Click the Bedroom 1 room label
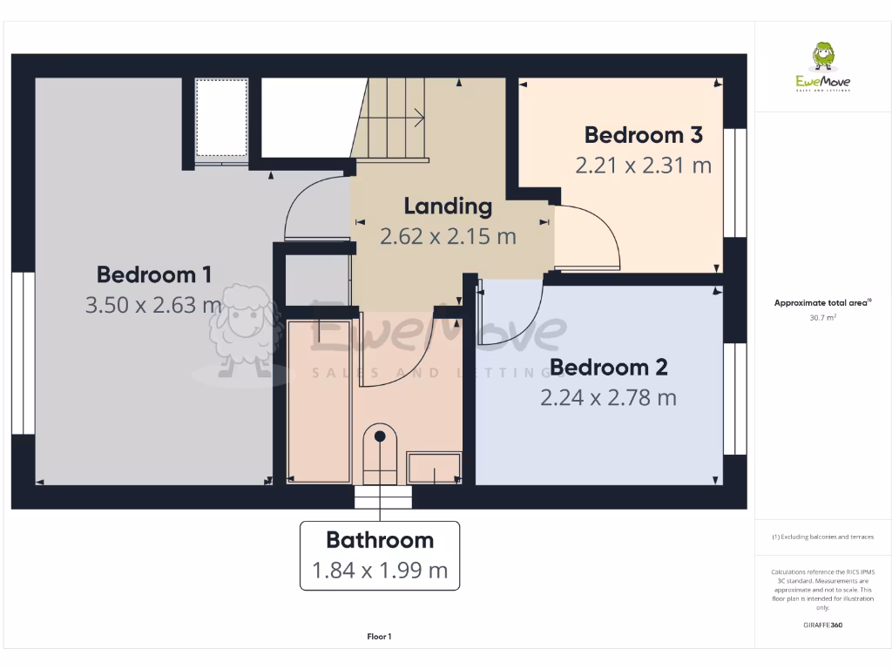click(x=153, y=275)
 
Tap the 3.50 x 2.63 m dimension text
click(x=153, y=306)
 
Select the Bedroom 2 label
click(x=608, y=368)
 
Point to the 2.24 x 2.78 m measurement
click(x=608, y=398)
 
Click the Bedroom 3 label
click(x=643, y=135)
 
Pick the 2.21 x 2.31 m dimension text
click(x=643, y=165)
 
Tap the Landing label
click(x=448, y=206)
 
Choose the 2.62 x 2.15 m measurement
click(x=448, y=236)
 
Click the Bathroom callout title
click(x=380, y=540)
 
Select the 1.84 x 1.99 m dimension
click(x=380, y=571)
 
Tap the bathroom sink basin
click(x=434, y=468)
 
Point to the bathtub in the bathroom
click(x=320, y=401)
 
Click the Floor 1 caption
click(x=379, y=637)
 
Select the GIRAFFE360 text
click(x=822, y=625)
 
